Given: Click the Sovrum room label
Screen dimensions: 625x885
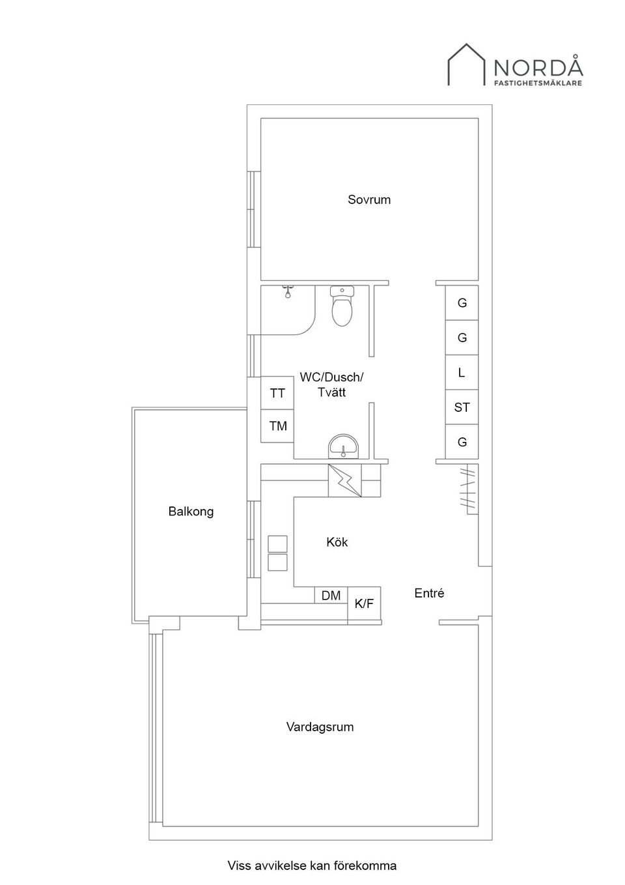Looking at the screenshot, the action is pyautogui.click(x=369, y=199).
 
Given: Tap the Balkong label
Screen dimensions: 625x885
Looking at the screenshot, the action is pyautogui.click(x=191, y=511).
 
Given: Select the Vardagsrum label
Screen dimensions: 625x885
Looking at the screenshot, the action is pyautogui.click(x=320, y=727).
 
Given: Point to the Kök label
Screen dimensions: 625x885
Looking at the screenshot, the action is pyautogui.click(x=337, y=542).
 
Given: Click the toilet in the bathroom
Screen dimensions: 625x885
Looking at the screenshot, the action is pyautogui.click(x=342, y=306).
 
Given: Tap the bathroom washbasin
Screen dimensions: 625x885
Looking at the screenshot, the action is pyautogui.click(x=343, y=446).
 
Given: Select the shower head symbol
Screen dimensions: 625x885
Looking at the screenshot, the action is pyautogui.click(x=288, y=291).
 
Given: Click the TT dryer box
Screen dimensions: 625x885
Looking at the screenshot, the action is pyautogui.click(x=277, y=393).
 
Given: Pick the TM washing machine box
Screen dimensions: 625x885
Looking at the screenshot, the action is pyautogui.click(x=277, y=426).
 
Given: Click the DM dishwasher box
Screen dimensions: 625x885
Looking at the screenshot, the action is pyautogui.click(x=331, y=595).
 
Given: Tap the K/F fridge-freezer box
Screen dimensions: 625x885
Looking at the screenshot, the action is pyautogui.click(x=364, y=603).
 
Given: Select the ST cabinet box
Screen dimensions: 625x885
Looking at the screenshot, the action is pyautogui.click(x=462, y=407).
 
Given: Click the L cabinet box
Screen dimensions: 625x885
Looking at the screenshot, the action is pyautogui.click(x=462, y=372).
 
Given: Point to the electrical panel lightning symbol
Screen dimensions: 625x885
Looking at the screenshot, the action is pyautogui.click(x=344, y=480).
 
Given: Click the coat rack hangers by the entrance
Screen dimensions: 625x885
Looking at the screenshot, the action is pyautogui.click(x=468, y=489).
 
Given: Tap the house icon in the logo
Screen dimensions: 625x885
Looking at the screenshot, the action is pyautogui.click(x=466, y=65).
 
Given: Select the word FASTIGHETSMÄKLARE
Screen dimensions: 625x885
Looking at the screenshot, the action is pyautogui.click(x=538, y=83).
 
